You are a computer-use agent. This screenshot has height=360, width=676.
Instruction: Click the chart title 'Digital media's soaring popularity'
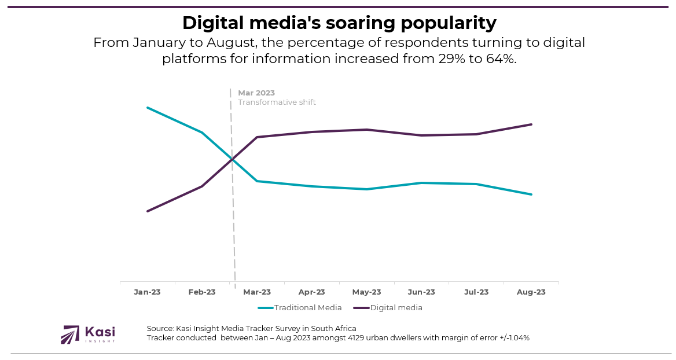pos(339,23)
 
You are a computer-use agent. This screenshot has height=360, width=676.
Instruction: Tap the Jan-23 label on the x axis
pos(147,292)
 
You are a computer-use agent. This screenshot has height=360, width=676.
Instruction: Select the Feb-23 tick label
pos(202,292)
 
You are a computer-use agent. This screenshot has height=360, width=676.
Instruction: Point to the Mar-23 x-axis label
pos(257,292)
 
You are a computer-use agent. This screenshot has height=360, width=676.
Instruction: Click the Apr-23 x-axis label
pos(311,292)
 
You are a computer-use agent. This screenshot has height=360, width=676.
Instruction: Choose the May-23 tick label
pos(366,292)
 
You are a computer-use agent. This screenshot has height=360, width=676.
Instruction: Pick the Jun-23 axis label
pos(421,292)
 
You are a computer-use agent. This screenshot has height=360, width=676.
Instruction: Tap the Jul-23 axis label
pos(476,292)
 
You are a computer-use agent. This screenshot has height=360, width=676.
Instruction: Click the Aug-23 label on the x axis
pos(531,292)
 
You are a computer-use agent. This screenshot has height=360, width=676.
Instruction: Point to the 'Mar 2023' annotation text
pos(256,93)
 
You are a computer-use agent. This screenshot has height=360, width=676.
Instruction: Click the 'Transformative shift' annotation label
pos(277,102)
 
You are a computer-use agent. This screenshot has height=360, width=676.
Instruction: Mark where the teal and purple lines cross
pos(232,159)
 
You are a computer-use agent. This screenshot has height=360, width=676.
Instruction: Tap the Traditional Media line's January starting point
pos(148,108)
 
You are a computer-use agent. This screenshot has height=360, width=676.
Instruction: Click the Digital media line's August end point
pos(531,124)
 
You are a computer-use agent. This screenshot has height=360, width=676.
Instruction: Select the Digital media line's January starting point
pos(148,211)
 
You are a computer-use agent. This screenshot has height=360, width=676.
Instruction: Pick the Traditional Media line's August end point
pos(531,194)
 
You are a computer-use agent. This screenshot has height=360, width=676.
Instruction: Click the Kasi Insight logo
pos(89,334)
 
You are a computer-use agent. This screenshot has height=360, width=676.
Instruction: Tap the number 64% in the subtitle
pos(498,59)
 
